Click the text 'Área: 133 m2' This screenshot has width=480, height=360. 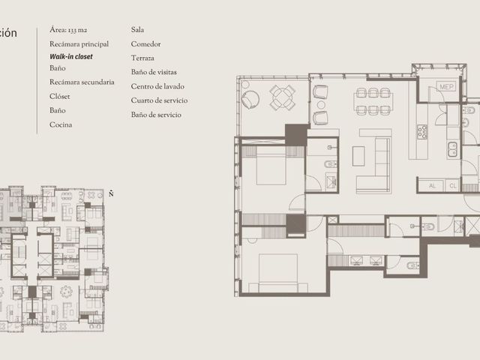[68, 30]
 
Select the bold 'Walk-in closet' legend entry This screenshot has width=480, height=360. [71, 57]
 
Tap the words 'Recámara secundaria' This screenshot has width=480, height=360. [82, 82]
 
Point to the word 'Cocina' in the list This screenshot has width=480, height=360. [61, 124]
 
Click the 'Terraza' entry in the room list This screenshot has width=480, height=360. [142, 58]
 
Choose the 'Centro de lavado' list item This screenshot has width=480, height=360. [157, 86]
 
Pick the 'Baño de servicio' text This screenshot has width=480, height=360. [156, 115]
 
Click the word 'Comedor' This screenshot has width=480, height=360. [145, 44]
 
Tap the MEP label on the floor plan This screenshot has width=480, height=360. [446, 87]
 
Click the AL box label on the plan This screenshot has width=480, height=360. [432, 186]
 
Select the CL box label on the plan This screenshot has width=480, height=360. [453, 186]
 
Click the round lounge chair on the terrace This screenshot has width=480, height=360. [250, 99]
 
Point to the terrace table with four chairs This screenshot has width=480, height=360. [283, 98]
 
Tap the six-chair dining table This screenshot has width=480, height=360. [373, 101]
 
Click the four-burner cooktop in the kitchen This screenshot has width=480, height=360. [422, 132]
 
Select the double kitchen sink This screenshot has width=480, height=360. [452, 149]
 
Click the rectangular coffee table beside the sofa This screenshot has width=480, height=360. [358, 156]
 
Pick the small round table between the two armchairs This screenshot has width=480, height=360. [321, 105]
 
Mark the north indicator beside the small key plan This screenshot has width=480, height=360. [111, 193]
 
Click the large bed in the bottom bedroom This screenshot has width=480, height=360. [278, 272]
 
